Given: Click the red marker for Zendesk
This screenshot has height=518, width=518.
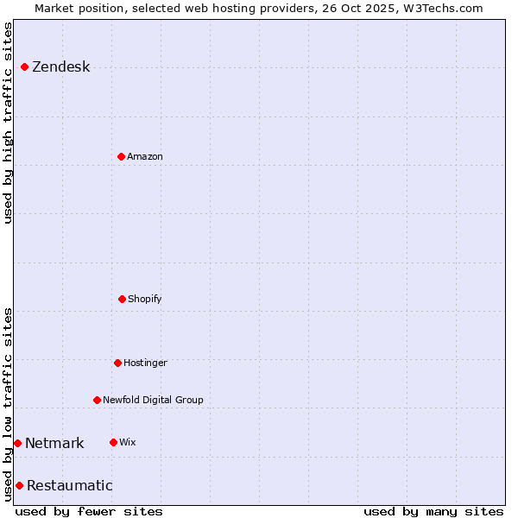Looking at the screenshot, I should (x=24, y=66).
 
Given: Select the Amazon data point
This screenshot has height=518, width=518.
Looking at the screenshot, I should (x=121, y=156).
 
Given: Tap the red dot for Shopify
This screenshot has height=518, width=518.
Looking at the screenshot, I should (x=122, y=299).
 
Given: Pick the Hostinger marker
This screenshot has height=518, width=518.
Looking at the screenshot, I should (x=117, y=363).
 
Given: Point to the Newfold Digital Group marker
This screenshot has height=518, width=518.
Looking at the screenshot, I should (x=97, y=400).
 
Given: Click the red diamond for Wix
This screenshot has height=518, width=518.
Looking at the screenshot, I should (x=113, y=442).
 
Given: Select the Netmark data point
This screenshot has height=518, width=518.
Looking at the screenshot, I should (x=17, y=443).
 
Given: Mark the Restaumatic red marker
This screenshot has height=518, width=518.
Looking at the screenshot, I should (x=19, y=485).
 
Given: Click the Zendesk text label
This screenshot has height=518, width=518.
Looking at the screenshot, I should (x=60, y=67).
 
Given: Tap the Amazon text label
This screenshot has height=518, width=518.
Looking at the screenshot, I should (x=145, y=157).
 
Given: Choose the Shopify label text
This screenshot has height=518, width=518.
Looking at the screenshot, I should (x=145, y=300).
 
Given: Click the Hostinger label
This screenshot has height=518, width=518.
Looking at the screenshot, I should (x=145, y=363).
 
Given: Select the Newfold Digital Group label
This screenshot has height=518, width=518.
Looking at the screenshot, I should (x=153, y=401).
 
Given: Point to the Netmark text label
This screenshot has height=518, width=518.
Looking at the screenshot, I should (x=54, y=444).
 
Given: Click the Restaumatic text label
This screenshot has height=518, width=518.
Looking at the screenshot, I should (x=69, y=486).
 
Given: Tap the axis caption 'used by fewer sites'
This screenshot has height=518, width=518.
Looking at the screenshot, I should (x=89, y=511).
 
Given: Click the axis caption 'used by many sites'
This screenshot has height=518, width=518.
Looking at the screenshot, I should (x=433, y=511).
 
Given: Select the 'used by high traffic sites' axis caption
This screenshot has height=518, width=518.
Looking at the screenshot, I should (x=9, y=123).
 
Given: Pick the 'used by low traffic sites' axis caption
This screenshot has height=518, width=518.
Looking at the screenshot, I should (x=9, y=404).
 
